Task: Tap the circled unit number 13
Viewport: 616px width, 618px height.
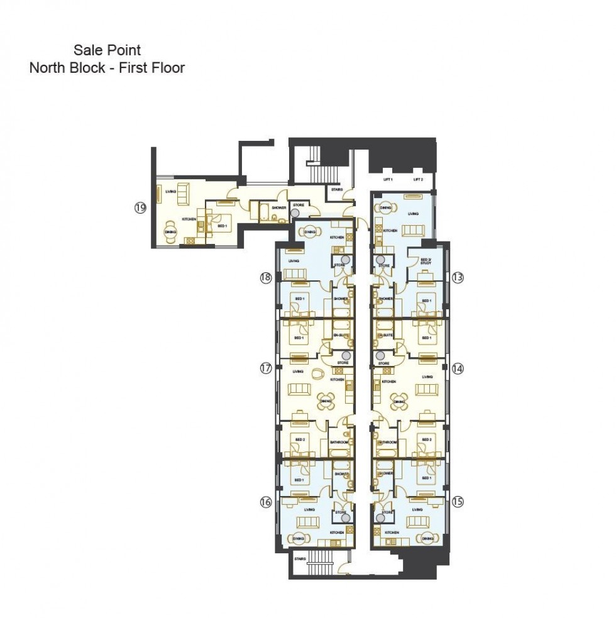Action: coord(457,276)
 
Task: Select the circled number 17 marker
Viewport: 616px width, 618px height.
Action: coord(265,369)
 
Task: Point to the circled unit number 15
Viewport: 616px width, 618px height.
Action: coord(457,501)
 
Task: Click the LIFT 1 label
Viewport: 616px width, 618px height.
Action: coord(388,180)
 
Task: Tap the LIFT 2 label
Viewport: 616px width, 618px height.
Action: coord(419,180)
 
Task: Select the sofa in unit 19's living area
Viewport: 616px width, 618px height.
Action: coord(184,193)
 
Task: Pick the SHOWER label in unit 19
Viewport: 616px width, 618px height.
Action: coord(279,207)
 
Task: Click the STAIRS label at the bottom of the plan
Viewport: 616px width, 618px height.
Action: coord(300,558)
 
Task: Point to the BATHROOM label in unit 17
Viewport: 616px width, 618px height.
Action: coord(339,443)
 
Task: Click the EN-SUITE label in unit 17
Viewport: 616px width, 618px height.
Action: coord(340,336)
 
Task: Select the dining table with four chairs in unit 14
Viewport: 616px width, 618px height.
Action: coord(399,399)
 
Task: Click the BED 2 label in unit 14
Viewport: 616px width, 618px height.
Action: coord(426,439)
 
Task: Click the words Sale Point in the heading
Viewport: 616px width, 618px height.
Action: coord(107,50)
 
